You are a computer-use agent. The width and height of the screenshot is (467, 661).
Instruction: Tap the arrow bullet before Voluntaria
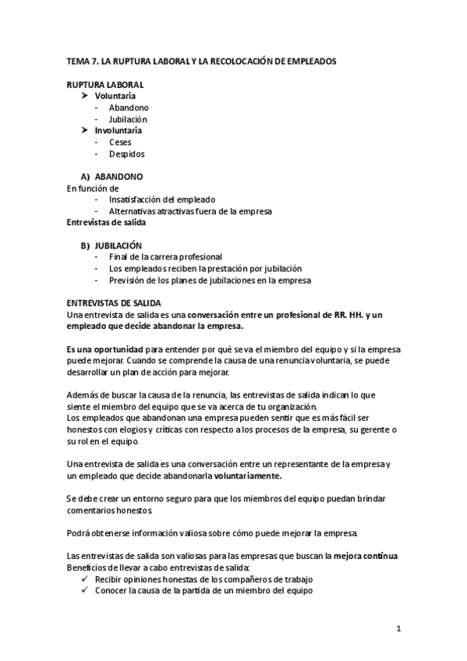pos(86,95)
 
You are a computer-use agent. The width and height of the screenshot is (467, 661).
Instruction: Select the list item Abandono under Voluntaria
pos(129,107)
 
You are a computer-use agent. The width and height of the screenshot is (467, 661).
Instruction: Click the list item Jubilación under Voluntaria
pos(128,118)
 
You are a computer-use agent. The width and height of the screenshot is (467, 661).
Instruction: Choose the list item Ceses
pos(120,142)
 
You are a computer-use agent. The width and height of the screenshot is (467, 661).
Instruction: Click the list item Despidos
pos(126,154)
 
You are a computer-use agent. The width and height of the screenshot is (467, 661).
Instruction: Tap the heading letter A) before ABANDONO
pos(86,177)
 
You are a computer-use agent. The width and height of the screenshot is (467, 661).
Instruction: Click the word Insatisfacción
pos(139,200)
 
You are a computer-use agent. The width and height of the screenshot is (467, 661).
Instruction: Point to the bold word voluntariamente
pos(249,475)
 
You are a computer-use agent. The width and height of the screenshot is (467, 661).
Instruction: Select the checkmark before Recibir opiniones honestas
pos(85,579)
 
